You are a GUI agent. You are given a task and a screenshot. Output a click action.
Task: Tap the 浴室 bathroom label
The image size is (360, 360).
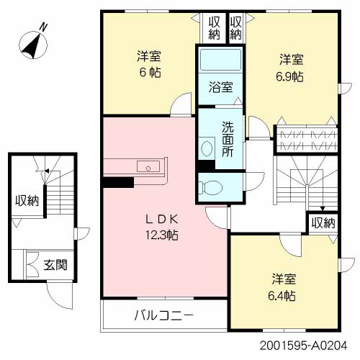221,88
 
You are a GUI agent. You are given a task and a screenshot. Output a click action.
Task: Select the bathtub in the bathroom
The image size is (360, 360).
221,63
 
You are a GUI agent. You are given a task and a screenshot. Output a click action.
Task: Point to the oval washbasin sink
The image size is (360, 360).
207,149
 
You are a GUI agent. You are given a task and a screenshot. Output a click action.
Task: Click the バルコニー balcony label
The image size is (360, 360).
165,315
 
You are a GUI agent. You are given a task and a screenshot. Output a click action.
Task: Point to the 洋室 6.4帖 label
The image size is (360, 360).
283,287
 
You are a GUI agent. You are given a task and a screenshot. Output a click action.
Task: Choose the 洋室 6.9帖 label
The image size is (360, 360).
292,67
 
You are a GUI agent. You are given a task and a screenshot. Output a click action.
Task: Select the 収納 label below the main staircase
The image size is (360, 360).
323,223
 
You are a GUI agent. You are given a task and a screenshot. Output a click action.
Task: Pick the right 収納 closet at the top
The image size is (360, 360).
236,27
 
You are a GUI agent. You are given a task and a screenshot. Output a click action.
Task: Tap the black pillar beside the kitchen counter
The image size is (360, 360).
113,181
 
